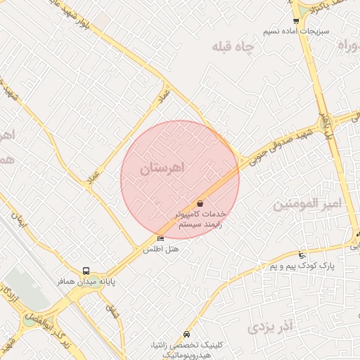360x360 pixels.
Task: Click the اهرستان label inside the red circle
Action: [x=162, y=168]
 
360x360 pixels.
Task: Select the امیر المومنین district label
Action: [x=306, y=205]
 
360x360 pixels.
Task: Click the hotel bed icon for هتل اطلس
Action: [x=160, y=239]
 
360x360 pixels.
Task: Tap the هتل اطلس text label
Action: [x=161, y=250]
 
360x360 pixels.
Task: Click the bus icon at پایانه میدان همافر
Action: [x=86, y=271]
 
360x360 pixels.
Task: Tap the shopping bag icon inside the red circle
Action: [x=200, y=202]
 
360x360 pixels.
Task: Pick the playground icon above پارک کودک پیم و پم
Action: [x=302, y=255]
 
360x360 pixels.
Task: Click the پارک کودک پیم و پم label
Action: [x=303, y=266]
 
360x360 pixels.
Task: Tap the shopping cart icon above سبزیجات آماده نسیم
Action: [x=296, y=21]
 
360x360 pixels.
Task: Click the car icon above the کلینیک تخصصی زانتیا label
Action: [x=186, y=334]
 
